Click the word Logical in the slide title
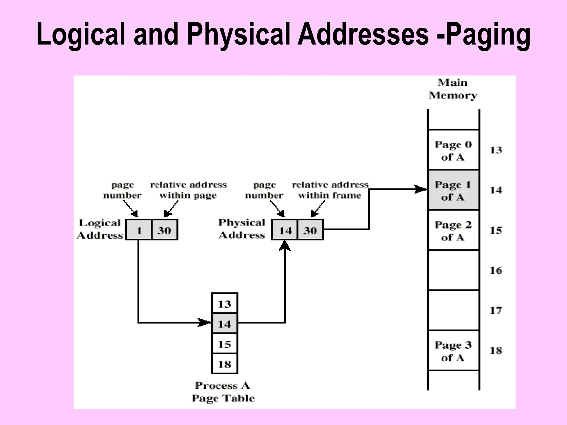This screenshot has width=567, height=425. (x=81, y=35)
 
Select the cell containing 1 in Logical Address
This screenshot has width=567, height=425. (x=139, y=230)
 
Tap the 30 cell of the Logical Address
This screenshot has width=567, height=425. (x=164, y=230)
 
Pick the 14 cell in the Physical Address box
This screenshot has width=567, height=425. (x=285, y=230)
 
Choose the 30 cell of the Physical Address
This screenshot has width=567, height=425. (x=310, y=230)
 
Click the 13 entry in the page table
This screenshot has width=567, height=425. (x=224, y=304)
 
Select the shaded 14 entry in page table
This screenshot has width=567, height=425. (x=224, y=323)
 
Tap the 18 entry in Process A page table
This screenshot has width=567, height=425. (x=224, y=364)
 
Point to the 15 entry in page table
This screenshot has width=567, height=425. (x=224, y=344)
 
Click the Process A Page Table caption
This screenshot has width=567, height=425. (x=223, y=392)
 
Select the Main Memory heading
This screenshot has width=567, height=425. (x=453, y=89)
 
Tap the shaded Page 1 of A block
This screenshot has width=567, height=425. (x=453, y=190)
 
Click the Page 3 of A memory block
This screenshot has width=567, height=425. (x=453, y=351)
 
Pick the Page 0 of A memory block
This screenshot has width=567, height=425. (x=453, y=150)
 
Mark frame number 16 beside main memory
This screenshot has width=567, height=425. (x=496, y=270)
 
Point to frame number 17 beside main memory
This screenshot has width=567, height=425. (x=496, y=310)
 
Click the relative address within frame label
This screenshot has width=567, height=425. (x=330, y=190)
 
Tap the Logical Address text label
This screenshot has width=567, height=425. (x=100, y=229)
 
